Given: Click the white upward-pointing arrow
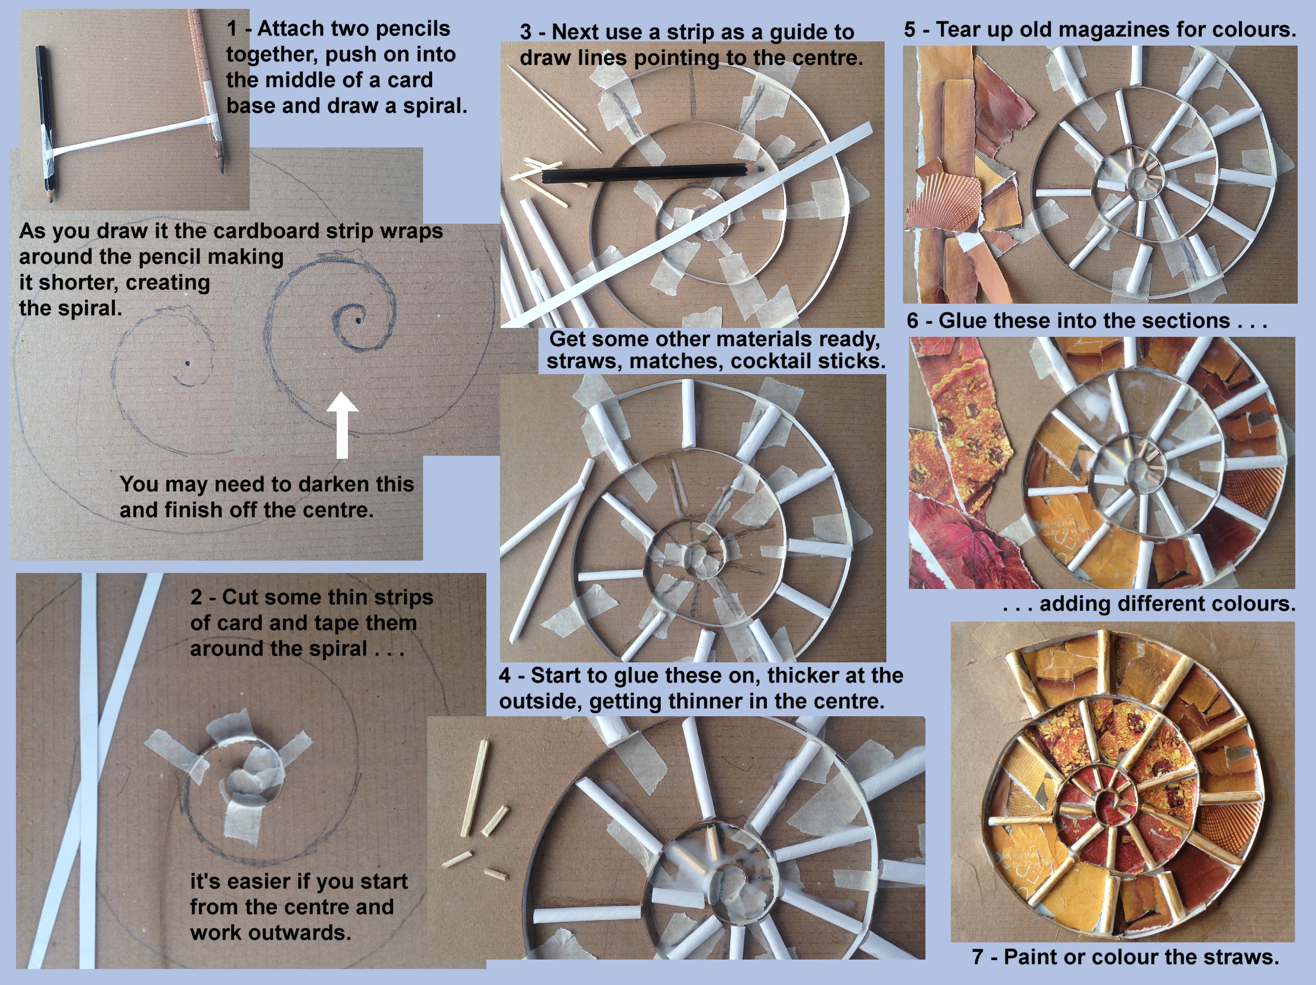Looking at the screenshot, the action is pyautogui.click(x=342, y=425).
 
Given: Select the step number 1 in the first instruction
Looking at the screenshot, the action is pyautogui.click(x=232, y=28).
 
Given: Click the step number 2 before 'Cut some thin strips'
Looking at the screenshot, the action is pyautogui.click(x=196, y=597).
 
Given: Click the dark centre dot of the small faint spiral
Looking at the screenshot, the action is pyautogui.click(x=188, y=362).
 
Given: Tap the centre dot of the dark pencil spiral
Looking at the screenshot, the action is pyautogui.click(x=359, y=320).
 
